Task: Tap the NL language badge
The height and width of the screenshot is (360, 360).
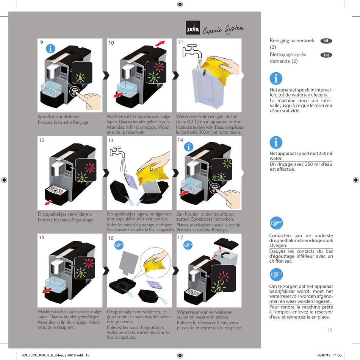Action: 326,41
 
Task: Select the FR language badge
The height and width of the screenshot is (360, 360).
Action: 326,55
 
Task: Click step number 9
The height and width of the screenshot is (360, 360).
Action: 41,42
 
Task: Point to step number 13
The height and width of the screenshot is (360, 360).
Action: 111,140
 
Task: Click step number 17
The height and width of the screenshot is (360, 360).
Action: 180,238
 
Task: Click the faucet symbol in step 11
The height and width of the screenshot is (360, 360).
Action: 191,51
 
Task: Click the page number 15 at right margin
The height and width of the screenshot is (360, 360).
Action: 329,330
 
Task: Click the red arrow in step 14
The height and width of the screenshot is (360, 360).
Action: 183,193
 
